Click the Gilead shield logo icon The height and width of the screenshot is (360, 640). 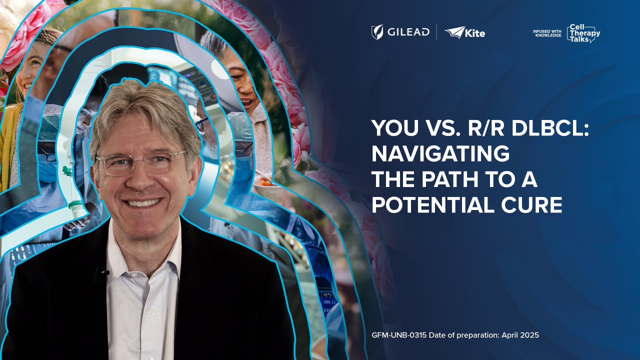point(377,32)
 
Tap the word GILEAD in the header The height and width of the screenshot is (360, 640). point(408,32)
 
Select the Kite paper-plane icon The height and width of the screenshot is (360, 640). point(455,32)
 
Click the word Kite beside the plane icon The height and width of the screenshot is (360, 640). point(475,33)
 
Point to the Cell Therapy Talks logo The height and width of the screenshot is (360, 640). point(583,33)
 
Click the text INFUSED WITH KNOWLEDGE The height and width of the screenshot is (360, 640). point(547,33)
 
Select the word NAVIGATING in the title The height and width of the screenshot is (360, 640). point(440,153)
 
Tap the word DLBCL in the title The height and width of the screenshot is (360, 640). point(550,128)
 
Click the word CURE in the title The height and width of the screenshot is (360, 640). point(531,204)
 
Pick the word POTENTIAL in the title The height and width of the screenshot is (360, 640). point(433,204)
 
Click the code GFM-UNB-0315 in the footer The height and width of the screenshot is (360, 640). point(399,335)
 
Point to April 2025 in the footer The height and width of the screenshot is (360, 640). point(520,335)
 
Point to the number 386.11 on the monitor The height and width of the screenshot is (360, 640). point(329,302)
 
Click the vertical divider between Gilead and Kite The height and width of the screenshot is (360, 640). point(437,32)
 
